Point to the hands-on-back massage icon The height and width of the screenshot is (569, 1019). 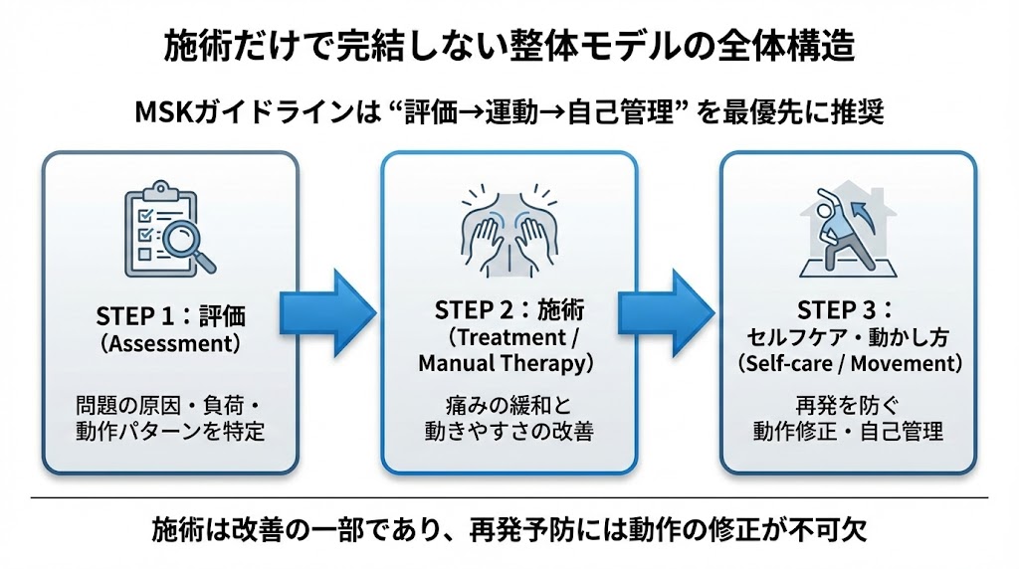509,234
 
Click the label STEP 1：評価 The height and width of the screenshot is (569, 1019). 170,315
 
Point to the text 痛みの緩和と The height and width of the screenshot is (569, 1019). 509,406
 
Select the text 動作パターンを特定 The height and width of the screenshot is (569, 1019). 170,433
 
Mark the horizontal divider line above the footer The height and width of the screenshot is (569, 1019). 509,496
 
